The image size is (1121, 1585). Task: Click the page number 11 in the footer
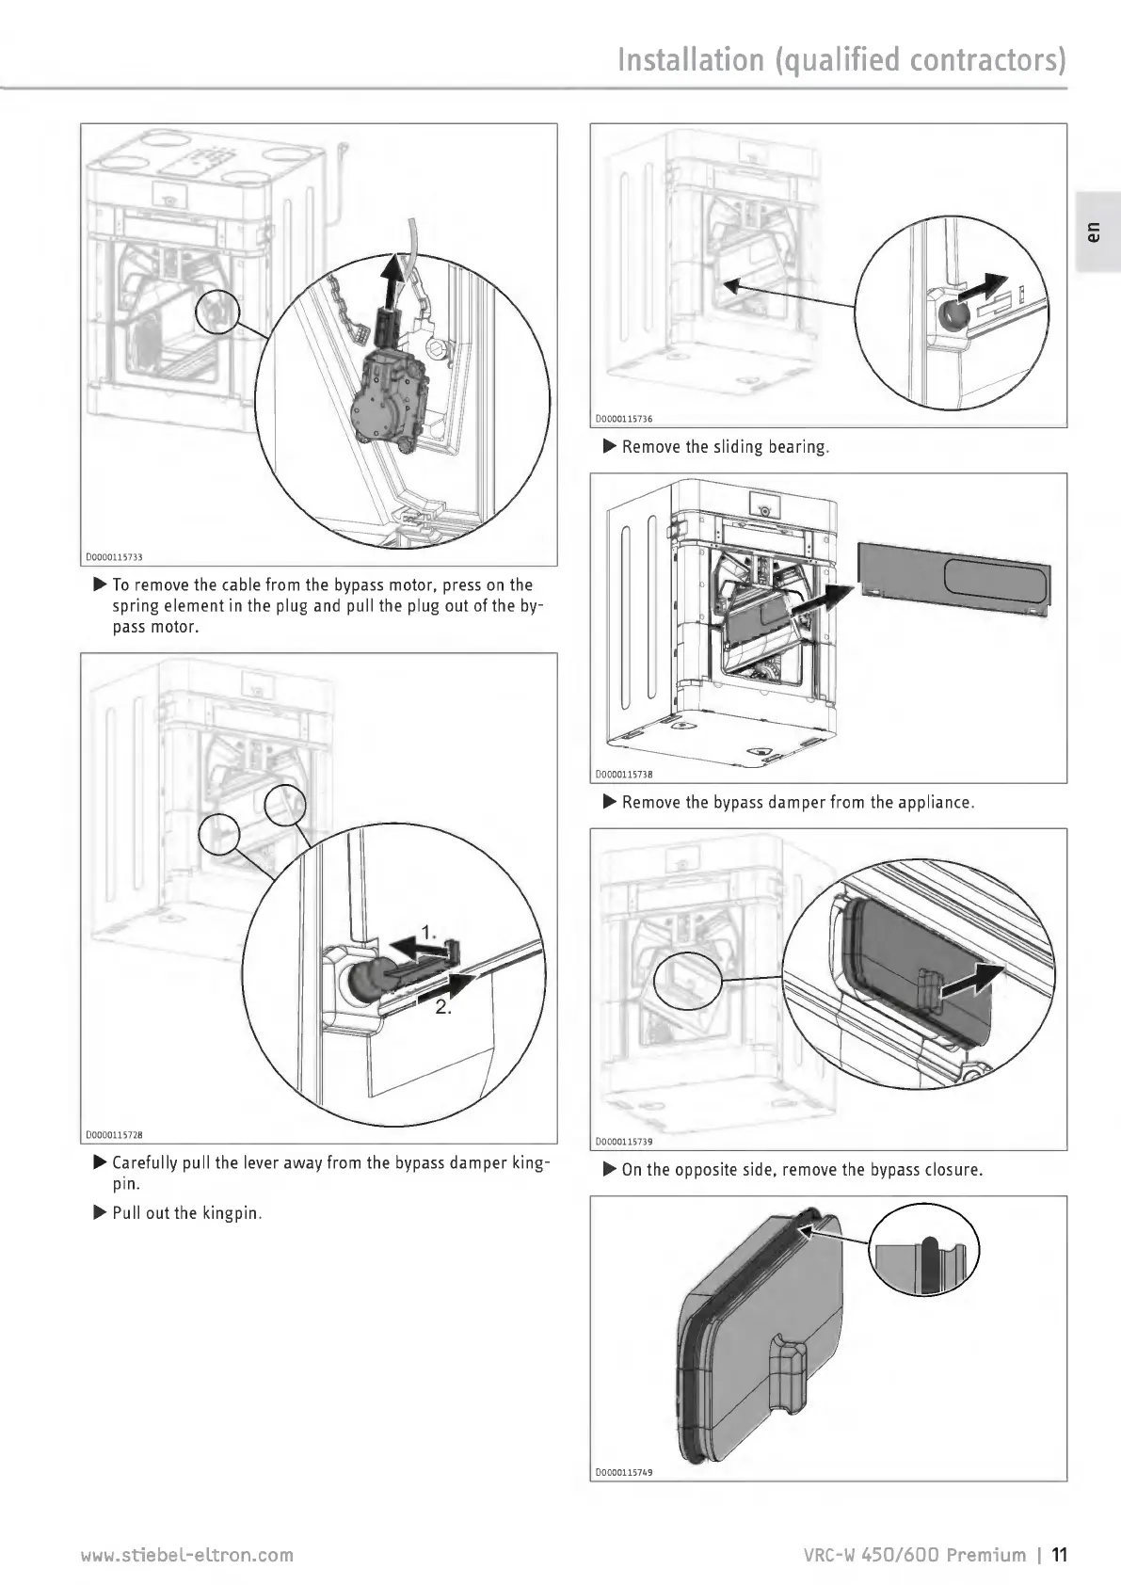point(1060,1554)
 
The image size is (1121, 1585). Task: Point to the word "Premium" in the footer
point(986,1554)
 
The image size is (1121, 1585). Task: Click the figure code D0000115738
point(624,775)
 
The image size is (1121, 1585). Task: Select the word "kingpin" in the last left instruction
point(232,1213)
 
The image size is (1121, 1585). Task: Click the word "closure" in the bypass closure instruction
point(952,1170)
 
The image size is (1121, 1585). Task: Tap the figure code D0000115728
point(120,1135)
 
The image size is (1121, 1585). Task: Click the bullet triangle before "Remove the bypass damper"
point(609,802)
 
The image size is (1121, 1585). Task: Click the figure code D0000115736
point(624,420)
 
